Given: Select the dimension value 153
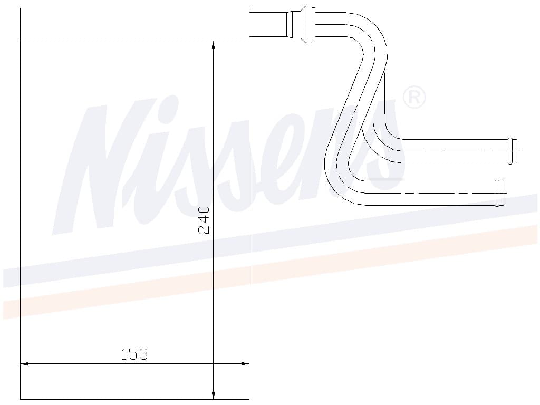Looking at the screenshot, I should coord(134,354).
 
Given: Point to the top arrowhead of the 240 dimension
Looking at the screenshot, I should coord(213,45).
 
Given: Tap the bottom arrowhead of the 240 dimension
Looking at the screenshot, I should coord(213,395).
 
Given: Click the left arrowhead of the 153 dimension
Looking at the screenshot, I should coord(24,363).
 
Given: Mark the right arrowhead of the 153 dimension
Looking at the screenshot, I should coord(245,363).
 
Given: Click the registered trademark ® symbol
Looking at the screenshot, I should coord(414,98).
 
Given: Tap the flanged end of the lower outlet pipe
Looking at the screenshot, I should coord(499,193).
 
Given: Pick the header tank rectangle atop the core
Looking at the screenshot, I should coord(134,24).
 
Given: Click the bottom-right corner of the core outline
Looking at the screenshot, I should coord(249,400).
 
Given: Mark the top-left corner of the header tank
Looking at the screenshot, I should coord(20,8).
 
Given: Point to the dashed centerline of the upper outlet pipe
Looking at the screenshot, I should coord(454,151).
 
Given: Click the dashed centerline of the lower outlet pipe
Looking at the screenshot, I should coord(443,193).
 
